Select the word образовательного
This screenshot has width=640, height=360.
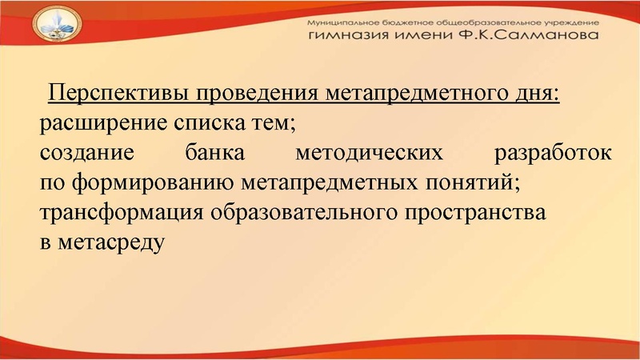[302, 212]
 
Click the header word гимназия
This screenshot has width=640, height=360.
[350, 37]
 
